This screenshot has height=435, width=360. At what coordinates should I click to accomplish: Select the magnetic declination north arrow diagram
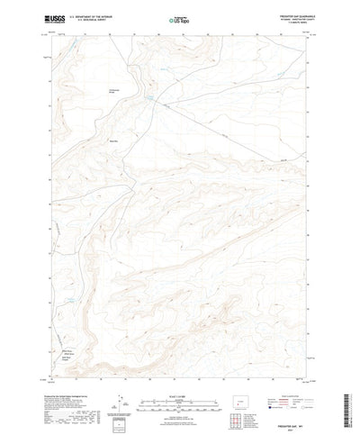[x=120, y=378]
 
